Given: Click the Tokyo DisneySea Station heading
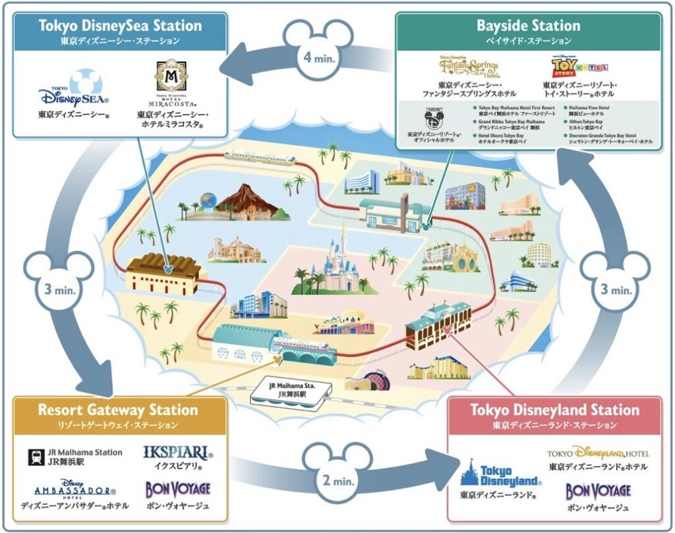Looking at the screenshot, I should coord(120,26).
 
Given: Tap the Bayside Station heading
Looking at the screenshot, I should coord(529,26).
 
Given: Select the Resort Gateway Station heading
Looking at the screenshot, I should coord(117,410).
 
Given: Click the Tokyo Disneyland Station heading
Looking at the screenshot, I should coord(554,410).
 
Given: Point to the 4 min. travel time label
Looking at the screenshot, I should coord(320,57).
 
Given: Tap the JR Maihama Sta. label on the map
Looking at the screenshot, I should coord(288,395).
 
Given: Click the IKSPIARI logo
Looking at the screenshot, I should coord(177,453).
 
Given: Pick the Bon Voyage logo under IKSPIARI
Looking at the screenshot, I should coord(177,490).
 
